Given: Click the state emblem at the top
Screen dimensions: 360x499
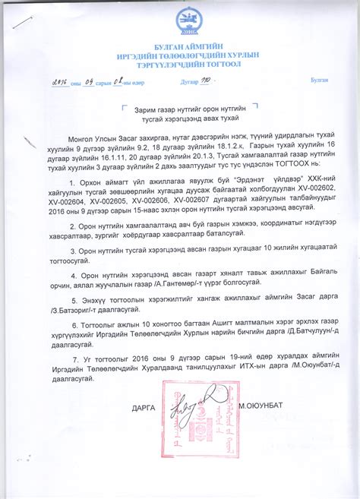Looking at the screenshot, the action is coord(186,20).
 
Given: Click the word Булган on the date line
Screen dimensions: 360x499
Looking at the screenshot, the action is coord(319,81).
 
